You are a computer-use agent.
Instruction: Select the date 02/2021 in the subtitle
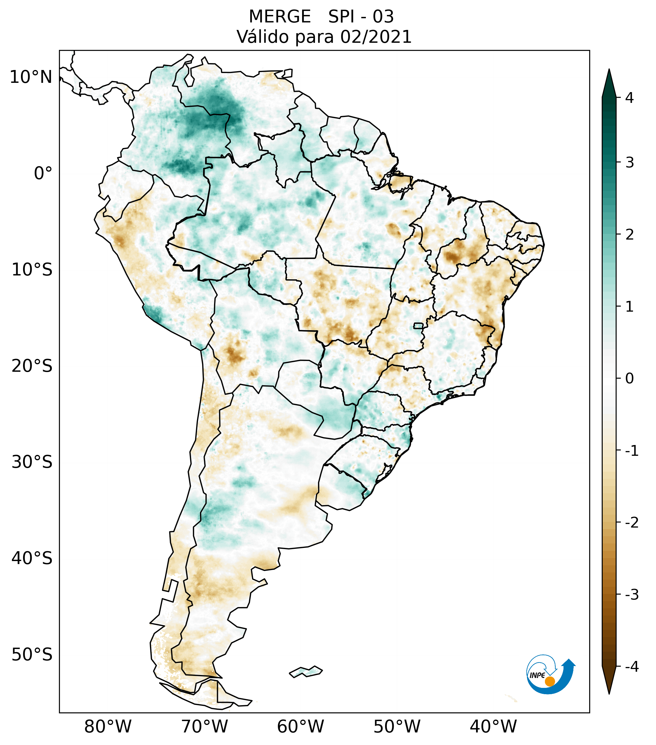tap(376, 37)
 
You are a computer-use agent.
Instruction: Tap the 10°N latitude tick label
tap(31, 77)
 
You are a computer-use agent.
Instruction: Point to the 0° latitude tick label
tap(43, 173)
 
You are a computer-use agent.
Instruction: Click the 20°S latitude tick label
tap(32, 366)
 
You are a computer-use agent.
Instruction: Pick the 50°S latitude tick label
tap(32, 655)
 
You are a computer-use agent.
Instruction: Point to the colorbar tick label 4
tap(629, 98)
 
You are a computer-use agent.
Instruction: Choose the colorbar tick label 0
tap(629, 379)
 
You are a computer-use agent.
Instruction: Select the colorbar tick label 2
tap(629, 235)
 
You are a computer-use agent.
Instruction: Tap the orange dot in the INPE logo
tap(549, 681)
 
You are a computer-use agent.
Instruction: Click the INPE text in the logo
tap(537, 675)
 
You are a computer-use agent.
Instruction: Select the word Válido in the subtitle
tap(263, 37)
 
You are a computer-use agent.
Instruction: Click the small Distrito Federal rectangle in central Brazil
tap(418, 325)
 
